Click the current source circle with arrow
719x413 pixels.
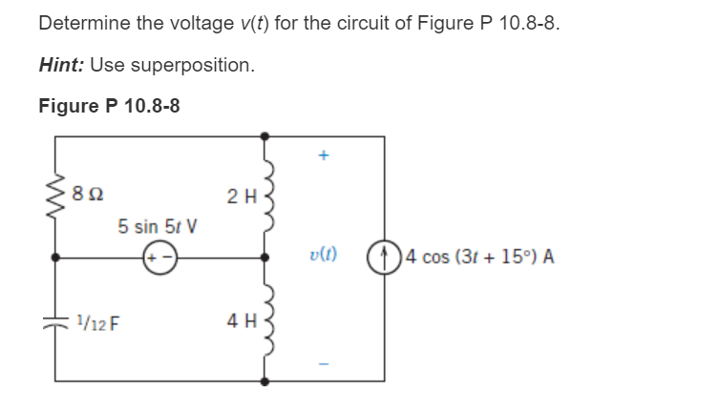tap(386, 258)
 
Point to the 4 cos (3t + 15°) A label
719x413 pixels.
tap(478, 258)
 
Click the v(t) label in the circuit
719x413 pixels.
tap(323, 257)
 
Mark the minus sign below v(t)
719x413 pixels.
tap(323, 364)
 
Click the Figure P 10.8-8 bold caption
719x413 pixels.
tap(109, 105)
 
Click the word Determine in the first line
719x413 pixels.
tap(81, 23)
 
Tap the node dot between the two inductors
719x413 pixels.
tap(265, 258)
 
